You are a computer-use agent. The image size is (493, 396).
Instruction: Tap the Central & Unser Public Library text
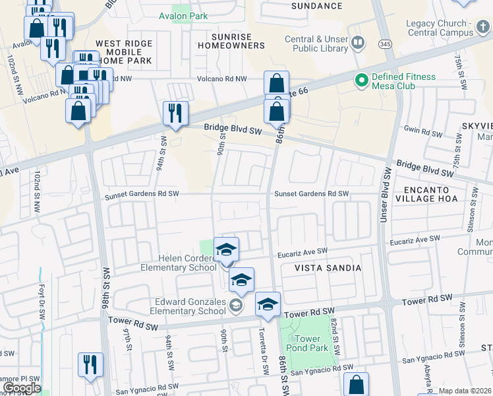[316, 44]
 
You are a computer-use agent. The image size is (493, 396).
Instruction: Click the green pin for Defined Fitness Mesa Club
[361, 81]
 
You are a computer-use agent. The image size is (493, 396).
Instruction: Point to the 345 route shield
[386, 44]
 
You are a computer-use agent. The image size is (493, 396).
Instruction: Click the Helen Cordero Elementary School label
[178, 263]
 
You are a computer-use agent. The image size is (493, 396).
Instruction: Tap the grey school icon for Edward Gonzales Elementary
[236, 305]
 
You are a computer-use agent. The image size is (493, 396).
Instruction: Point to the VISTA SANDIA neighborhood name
[322, 268]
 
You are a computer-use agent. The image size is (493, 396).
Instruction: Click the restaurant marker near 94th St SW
[175, 114]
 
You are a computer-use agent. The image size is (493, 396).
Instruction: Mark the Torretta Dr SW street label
[263, 360]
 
